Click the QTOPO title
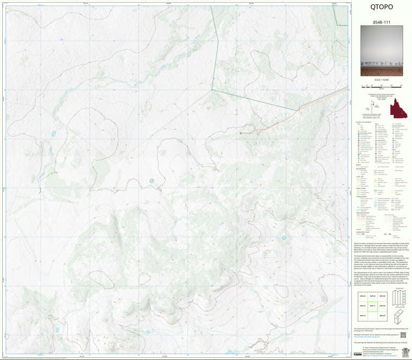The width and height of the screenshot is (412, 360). [381, 8]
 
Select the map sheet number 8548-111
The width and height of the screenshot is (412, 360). [381, 23]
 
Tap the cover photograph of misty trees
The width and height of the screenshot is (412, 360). [381, 52]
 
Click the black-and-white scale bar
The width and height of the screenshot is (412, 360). [381, 85]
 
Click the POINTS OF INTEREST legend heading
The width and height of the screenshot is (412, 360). [363, 123]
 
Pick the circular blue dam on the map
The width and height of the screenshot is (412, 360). [151, 181]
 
